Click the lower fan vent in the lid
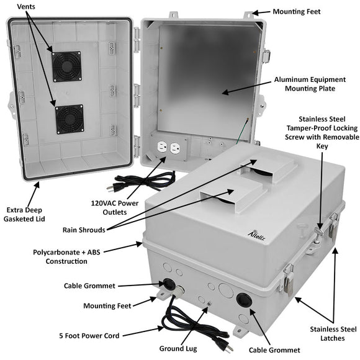(x=69, y=119)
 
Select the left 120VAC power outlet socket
(x=161, y=149)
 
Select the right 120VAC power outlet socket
(x=175, y=149)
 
